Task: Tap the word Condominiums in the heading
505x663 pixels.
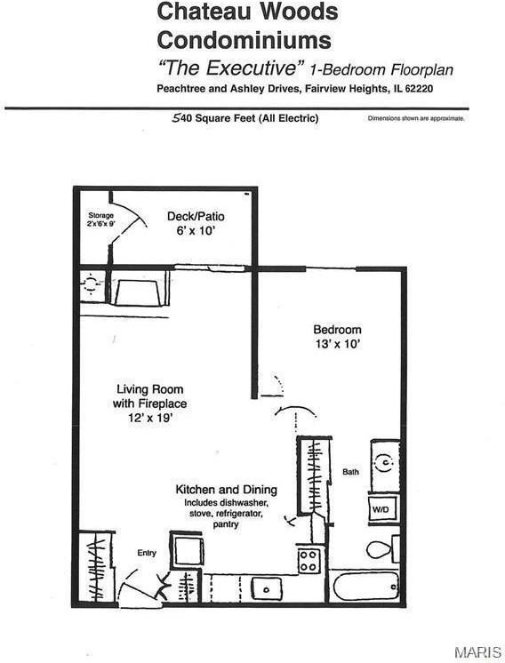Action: tap(244, 40)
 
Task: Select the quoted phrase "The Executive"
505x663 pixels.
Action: tap(231, 68)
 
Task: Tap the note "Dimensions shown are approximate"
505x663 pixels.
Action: tap(416, 118)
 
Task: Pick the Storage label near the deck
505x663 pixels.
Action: tap(100, 216)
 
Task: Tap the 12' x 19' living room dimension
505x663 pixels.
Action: tap(148, 417)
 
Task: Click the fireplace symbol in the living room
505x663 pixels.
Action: tap(137, 292)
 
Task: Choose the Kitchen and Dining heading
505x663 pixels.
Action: tap(226, 490)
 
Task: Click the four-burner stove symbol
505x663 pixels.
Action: tap(309, 561)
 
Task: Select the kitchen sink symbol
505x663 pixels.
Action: tap(265, 587)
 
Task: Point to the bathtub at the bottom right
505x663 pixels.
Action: tap(366, 587)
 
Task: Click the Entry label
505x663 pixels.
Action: tap(147, 553)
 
